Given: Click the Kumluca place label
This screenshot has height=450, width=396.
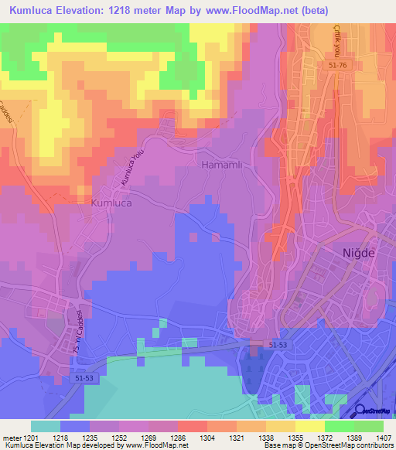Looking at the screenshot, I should pos(113,203).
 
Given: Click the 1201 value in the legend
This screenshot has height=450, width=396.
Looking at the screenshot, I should pos(32,437).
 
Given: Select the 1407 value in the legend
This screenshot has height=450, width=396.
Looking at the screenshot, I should pos(383,437).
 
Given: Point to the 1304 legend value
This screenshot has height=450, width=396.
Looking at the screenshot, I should pos(186,437).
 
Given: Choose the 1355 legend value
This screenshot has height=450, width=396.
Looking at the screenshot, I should pos(274,437).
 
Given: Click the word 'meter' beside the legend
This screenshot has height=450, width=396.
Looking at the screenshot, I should pos(12,437).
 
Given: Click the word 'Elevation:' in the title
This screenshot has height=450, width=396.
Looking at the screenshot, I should pos(90,11).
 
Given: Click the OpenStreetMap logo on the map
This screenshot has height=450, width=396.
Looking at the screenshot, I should pos(373,413).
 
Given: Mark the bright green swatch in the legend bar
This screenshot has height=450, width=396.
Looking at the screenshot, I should pos(340,426).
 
